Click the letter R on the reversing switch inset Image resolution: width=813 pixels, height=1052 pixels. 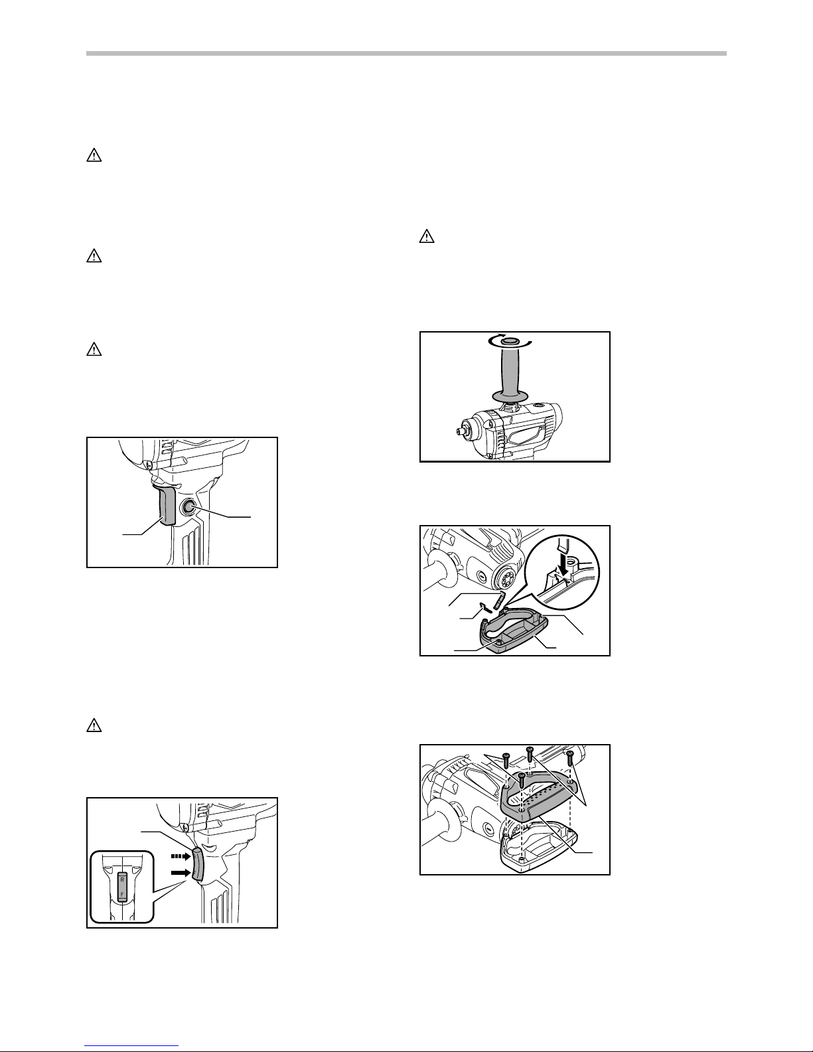(x=121, y=879)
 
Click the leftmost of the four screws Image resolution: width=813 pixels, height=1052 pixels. (x=506, y=758)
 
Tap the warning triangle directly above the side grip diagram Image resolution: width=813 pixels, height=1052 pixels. (x=426, y=236)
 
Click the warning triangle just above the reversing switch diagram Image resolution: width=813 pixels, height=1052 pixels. (x=94, y=725)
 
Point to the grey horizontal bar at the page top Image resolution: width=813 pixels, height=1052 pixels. (x=406, y=53)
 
